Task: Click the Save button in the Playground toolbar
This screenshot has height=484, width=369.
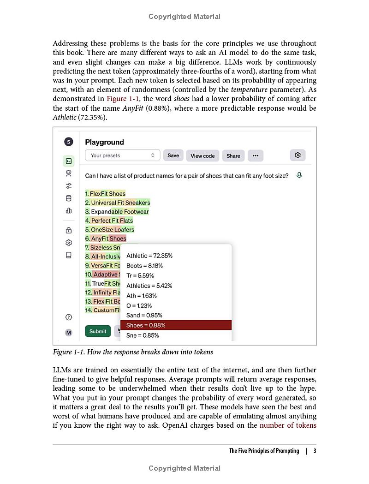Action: pyautogui.click(x=173, y=155)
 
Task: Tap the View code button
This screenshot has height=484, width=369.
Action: pyautogui.click(x=202, y=155)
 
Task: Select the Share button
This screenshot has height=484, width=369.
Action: pyautogui.click(x=233, y=155)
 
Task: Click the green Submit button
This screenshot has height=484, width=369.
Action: pyautogui.click(x=98, y=331)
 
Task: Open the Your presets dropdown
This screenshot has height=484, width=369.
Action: pyautogui.click(x=123, y=155)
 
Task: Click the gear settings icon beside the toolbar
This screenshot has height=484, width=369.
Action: pyautogui.click(x=298, y=155)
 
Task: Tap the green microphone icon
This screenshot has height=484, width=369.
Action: pyautogui.click(x=299, y=175)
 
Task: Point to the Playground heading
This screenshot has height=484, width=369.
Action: pyautogui.click(x=104, y=142)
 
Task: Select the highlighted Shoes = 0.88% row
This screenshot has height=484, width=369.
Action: pyautogui.click(x=176, y=325)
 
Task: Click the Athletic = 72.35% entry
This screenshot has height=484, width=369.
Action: pyautogui.click(x=149, y=256)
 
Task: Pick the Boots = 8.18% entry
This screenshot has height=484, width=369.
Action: pyautogui.click(x=144, y=265)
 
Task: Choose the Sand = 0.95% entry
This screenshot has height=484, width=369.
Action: pyautogui.click(x=144, y=315)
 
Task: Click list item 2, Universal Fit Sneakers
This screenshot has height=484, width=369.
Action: pyautogui.click(x=118, y=203)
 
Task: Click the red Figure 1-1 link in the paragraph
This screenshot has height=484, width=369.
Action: pyautogui.click(x=123, y=99)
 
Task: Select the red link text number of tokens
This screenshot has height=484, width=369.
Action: pyautogui.click(x=288, y=425)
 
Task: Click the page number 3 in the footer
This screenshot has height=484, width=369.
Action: pyautogui.click(x=315, y=451)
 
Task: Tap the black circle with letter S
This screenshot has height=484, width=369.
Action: pyautogui.click(x=69, y=142)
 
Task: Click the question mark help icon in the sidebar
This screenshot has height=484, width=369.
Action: pyautogui.click(x=69, y=317)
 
